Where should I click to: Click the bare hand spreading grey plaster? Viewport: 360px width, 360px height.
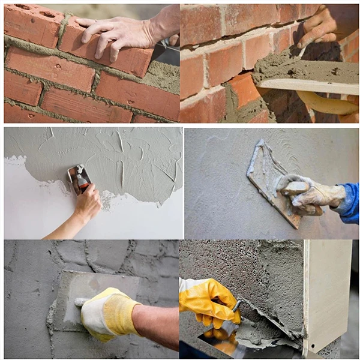pos(87,204)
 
